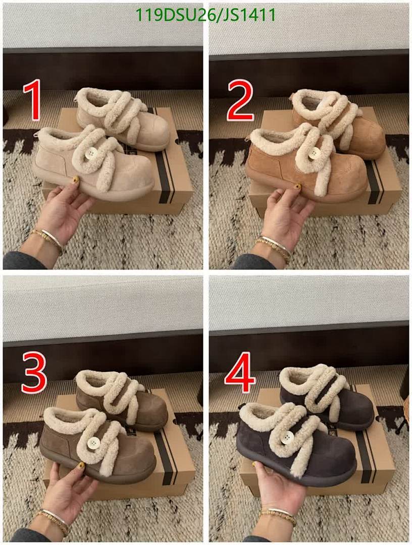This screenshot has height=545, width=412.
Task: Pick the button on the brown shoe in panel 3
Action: pyautogui.click(x=93, y=444)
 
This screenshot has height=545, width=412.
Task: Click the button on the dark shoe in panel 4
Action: pyautogui.click(x=287, y=438)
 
